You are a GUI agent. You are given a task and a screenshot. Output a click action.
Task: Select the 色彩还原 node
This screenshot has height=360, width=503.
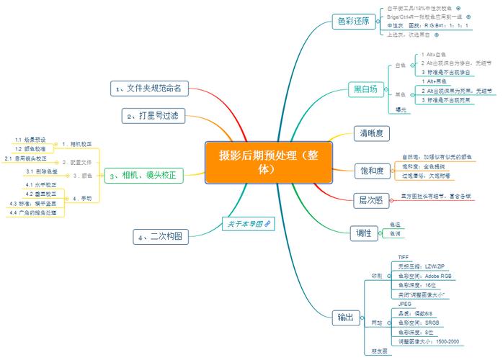(x=353, y=22)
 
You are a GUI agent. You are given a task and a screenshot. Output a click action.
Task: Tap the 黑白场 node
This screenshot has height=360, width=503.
(x=365, y=89)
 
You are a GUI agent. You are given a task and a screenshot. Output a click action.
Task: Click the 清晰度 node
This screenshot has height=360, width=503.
(x=374, y=133)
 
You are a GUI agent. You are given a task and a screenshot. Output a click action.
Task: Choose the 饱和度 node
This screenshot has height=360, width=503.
(x=371, y=171)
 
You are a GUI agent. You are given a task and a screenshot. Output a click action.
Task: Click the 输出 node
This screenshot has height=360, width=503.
(x=346, y=317)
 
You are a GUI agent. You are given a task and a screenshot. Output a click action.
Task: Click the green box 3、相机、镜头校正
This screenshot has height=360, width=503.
(x=144, y=175)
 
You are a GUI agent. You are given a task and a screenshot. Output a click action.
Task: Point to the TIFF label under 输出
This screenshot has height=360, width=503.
(x=404, y=257)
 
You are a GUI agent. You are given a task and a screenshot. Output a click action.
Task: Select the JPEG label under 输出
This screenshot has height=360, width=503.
(x=404, y=304)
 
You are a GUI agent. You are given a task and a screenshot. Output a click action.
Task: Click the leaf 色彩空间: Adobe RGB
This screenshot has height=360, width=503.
(x=425, y=276)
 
